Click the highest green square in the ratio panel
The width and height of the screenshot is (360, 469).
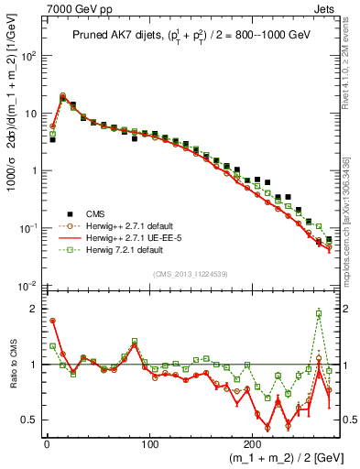tap(319, 313)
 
